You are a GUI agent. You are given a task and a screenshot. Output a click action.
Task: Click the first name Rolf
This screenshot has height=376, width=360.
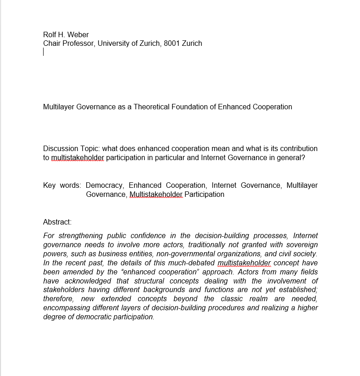tap(50, 34)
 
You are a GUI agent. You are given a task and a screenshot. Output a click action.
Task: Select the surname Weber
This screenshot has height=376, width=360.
tap(79, 34)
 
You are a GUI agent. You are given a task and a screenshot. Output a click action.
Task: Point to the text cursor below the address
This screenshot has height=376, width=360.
tap(44, 52)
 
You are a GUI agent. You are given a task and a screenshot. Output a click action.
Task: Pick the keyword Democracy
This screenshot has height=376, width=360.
tap(104, 186)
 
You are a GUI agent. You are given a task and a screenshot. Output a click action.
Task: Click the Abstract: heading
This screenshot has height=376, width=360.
tap(57, 222)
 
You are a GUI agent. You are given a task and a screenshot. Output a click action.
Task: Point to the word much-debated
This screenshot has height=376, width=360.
tap(192, 263)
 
